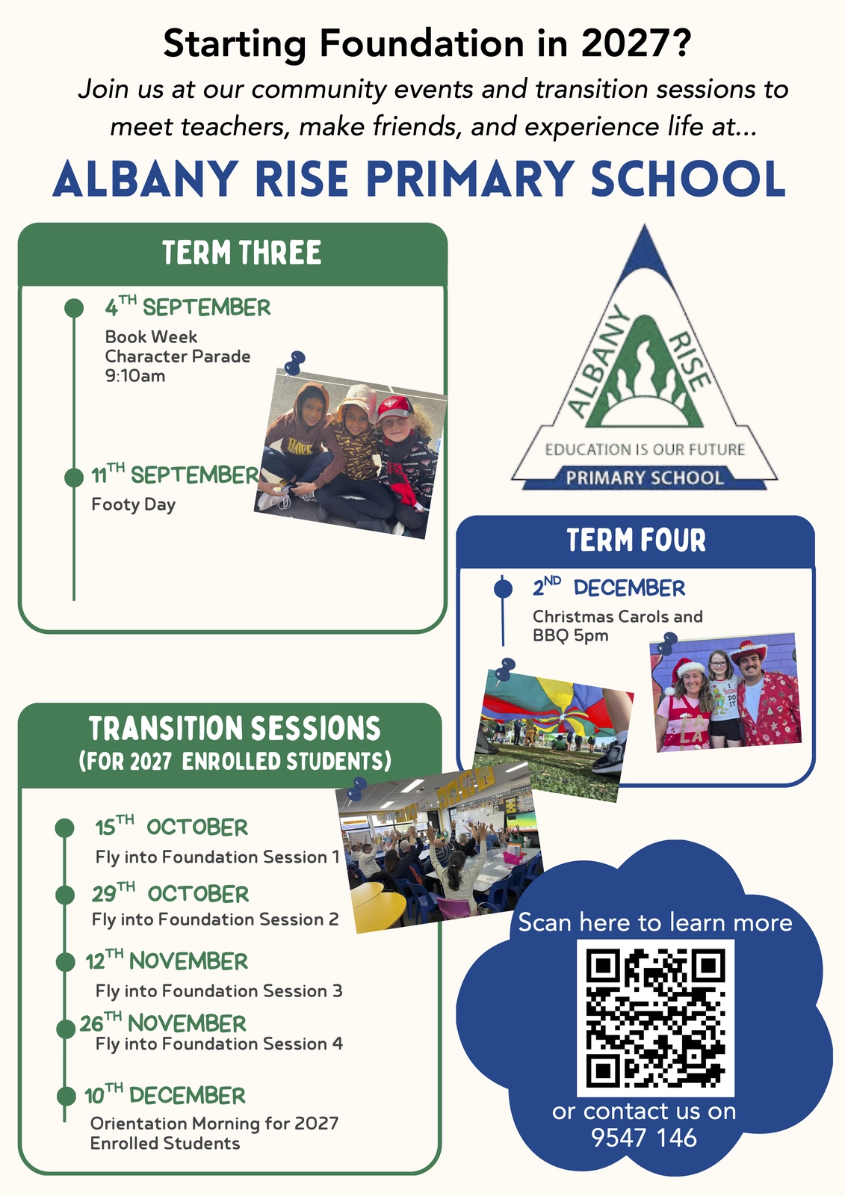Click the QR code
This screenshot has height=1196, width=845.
point(655,1018)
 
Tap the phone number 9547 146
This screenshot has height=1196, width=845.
point(644,1137)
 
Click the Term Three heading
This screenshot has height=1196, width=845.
point(242,253)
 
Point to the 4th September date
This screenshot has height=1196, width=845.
point(188,306)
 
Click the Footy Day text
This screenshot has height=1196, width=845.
point(134,505)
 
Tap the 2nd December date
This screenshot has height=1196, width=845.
point(608,587)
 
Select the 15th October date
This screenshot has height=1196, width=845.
point(171,826)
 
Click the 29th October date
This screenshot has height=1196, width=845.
point(170,893)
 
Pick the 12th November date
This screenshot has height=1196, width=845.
point(167,960)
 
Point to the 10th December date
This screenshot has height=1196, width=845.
point(165,1094)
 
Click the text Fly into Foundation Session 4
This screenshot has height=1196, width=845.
point(219,1044)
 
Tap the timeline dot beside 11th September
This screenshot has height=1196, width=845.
point(74,477)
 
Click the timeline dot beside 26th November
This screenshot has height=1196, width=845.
point(66,1029)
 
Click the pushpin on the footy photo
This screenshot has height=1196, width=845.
point(294,363)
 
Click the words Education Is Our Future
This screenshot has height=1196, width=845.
point(644,449)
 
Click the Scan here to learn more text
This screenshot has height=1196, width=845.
point(655,922)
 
